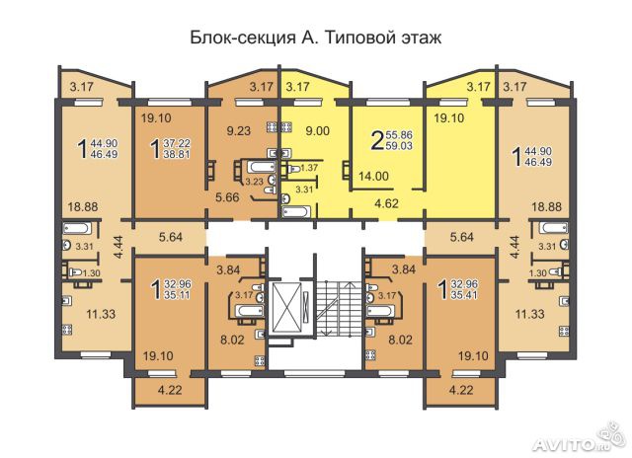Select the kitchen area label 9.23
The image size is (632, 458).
coord(239,130)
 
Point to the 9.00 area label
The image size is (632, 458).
coord(318,130)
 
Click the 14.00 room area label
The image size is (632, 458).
coord(373,176)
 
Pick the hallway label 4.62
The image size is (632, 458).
coord(386,203)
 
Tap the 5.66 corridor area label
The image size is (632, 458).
coord(227,197)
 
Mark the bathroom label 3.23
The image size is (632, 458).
coord(255,182)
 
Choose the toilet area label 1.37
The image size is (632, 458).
coord(309,168)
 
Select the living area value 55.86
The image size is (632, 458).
coord(399,135)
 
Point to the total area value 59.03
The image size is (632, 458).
coord(399,145)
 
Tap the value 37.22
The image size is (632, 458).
coord(177,143)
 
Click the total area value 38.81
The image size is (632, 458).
coord(177,154)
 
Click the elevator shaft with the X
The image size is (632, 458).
coord(287,307)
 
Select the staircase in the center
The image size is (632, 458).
coord(335,307)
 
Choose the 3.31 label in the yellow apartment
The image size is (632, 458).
coord(304,190)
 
